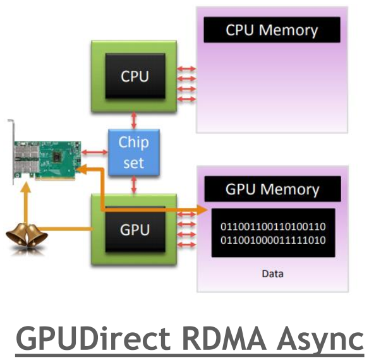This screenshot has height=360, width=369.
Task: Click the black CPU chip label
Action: [x=135, y=76]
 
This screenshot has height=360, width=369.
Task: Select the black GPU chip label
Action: [x=134, y=229]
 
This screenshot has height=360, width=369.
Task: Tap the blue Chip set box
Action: [x=133, y=152]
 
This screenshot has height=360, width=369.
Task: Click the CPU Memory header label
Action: [x=272, y=30]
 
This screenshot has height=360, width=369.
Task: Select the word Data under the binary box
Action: [x=272, y=273]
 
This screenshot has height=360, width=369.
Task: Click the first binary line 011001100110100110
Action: [x=272, y=226]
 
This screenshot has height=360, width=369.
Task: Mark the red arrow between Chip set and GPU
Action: [x=134, y=186]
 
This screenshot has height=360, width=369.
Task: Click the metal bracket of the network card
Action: [x=12, y=152]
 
